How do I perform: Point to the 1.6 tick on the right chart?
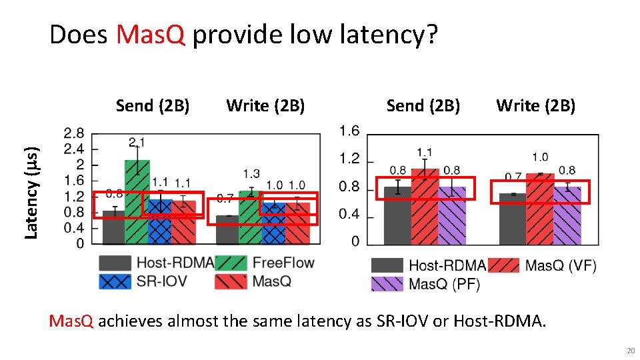pyautogui.click(x=349, y=131)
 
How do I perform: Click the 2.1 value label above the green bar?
pyautogui.click(x=137, y=141)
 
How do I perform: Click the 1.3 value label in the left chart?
pyautogui.click(x=251, y=174)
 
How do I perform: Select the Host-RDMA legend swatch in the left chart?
pyautogui.click(x=115, y=263)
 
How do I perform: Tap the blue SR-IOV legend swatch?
pyautogui.click(x=115, y=281)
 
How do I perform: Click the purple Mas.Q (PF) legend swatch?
pyautogui.click(x=387, y=285)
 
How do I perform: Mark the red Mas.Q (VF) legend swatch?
pyautogui.click(x=503, y=266)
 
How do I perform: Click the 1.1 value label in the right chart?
pyautogui.click(x=425, y=153)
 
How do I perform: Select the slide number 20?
pyautogui.click(x=630, y=351)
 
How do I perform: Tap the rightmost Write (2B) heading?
pyautogui.click(x=536, y=105)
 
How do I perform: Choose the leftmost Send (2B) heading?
pyautogui.click(x=153, y=105)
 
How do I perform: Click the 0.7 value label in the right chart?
pyautogui.click(x=513, y=177)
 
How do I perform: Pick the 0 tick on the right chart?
pyautogui.click(x=356, y=241)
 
